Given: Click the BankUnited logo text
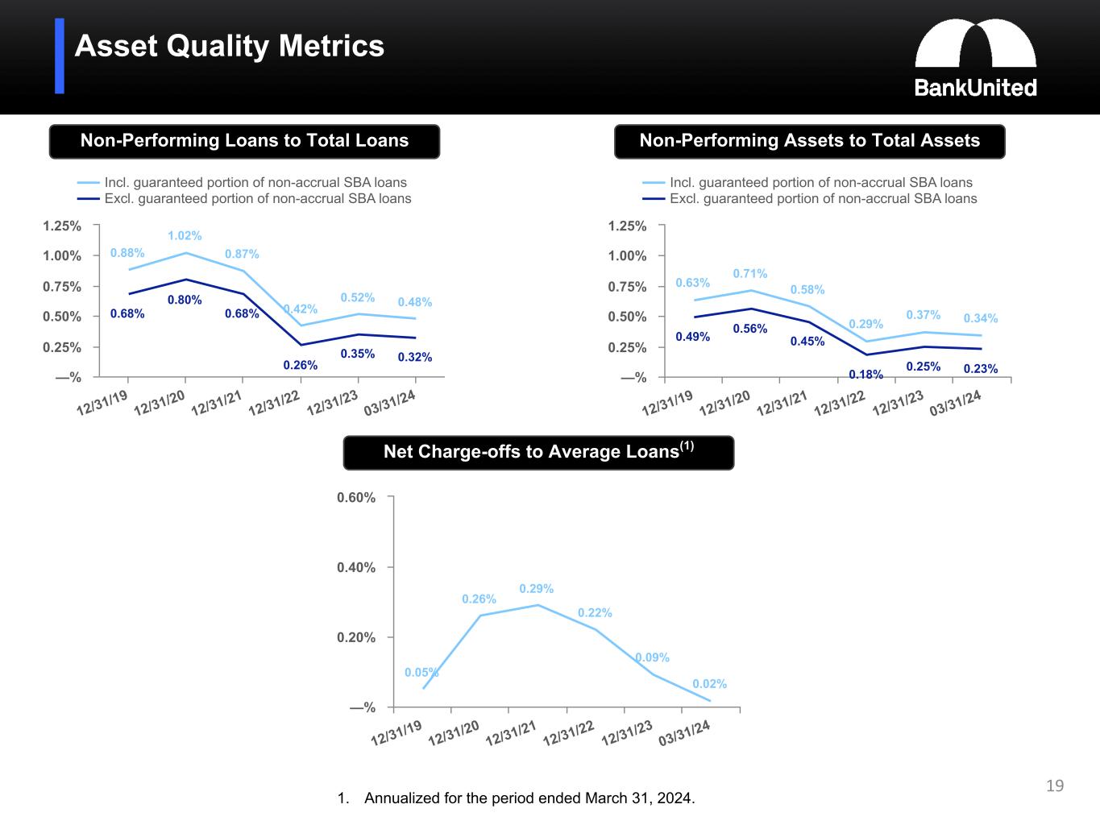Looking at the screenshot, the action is tap(975, 88).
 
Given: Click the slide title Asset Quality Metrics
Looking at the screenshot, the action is tap(230, 46).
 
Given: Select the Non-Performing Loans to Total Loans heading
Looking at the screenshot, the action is tap(244, 141).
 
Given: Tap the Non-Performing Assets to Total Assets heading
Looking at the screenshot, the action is tap(809, 141).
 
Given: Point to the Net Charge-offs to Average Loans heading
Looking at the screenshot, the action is tap(539, 451).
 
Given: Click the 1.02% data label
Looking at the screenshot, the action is tap(185, 235).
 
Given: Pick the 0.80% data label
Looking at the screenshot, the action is tap(185, 300).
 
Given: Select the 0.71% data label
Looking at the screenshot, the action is tap(750, 273).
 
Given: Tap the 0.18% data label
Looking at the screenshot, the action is tap(866, 374).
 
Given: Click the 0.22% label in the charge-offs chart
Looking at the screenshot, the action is tap(595, 612).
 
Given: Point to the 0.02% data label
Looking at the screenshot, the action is tap(710, 684).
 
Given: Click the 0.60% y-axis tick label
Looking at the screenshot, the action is tap(356, 497).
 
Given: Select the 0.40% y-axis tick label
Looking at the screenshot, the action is tap(356, 567).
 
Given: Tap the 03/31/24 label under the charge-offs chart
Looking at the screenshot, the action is tap(684, 733).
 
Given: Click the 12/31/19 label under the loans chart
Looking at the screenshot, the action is tap(102, 403).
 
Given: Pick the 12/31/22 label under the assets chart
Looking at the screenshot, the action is tap(840, 403).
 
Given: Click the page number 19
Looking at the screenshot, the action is tap(1055, 786).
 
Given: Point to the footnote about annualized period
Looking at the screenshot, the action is tap(517, 798).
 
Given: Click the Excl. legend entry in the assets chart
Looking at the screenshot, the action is tap(809, 199).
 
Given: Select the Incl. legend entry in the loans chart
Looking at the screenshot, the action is tap(242, 182).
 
